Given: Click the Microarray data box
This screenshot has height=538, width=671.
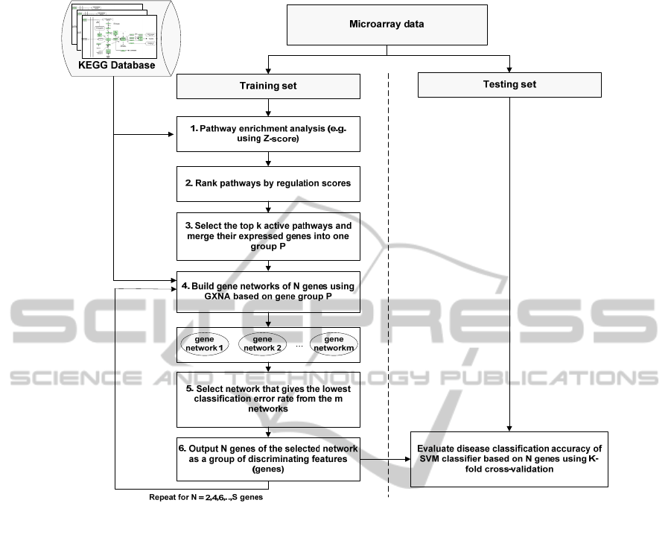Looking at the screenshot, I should point(387,24).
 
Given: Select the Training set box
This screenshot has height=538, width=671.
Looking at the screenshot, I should point(268,86).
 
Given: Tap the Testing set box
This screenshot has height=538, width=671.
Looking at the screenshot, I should point(509,85).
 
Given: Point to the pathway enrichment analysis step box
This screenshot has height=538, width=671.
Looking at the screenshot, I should point(268,135).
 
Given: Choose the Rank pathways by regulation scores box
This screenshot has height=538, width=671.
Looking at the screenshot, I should point(268,183).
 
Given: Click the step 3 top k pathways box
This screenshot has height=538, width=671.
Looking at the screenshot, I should point(268,236).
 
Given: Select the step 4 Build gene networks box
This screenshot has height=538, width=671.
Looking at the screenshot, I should point(268,292).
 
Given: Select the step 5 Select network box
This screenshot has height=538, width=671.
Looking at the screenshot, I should point(268,396).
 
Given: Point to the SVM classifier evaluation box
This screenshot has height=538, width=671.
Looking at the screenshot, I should point(509,459).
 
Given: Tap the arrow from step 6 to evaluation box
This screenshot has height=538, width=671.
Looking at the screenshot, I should point(385,460).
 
